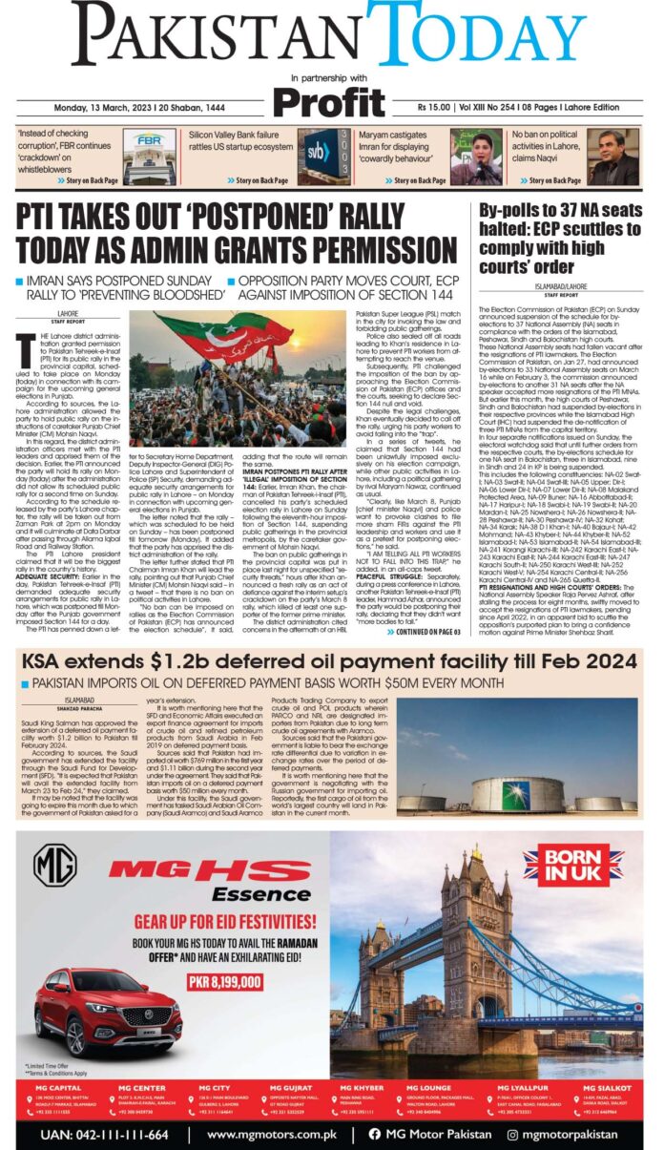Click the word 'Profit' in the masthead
click(x=328, y=102)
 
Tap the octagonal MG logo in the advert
click(x=54, y=865)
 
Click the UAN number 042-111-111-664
click(x=104, y=1135)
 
